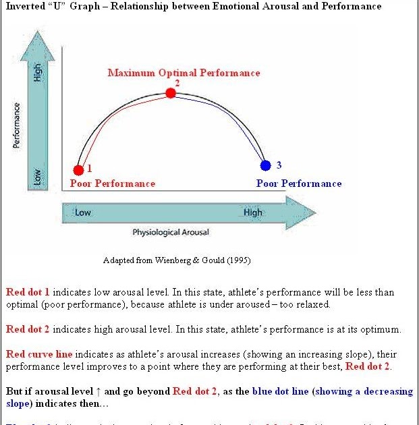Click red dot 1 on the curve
[x=79, y=170]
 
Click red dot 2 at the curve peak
[x=171, y=93]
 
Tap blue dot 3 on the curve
[x=266, y=165]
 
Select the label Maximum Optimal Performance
[x=184, y=73]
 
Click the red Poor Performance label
[x=113, y=183]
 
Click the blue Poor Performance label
[x=299, y=183]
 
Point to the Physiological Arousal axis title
[x=171, y=233]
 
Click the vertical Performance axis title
[x=16, y=125]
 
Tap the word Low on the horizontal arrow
[x=83, y=213]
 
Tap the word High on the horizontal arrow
[x=253, y=213]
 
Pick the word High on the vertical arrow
[x=38, y=73]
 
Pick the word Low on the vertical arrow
[x=38, y=176]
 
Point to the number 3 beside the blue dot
[x=279, y=165]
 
